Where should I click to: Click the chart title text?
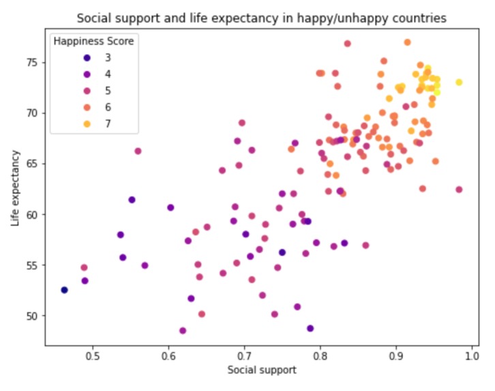pos(261,18)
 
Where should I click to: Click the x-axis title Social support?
pos(261,370)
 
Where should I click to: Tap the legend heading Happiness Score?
pos(93,42)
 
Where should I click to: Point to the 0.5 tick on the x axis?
pos(93,356)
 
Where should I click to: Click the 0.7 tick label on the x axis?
pos(245,356)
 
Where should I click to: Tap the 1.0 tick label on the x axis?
pos(471,356)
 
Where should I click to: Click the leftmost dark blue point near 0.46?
pos(64,290)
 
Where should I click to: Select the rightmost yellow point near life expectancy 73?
pos(459,82)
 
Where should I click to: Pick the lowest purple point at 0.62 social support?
pos(183,330)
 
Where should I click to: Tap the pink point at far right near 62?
pos(459,190)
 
